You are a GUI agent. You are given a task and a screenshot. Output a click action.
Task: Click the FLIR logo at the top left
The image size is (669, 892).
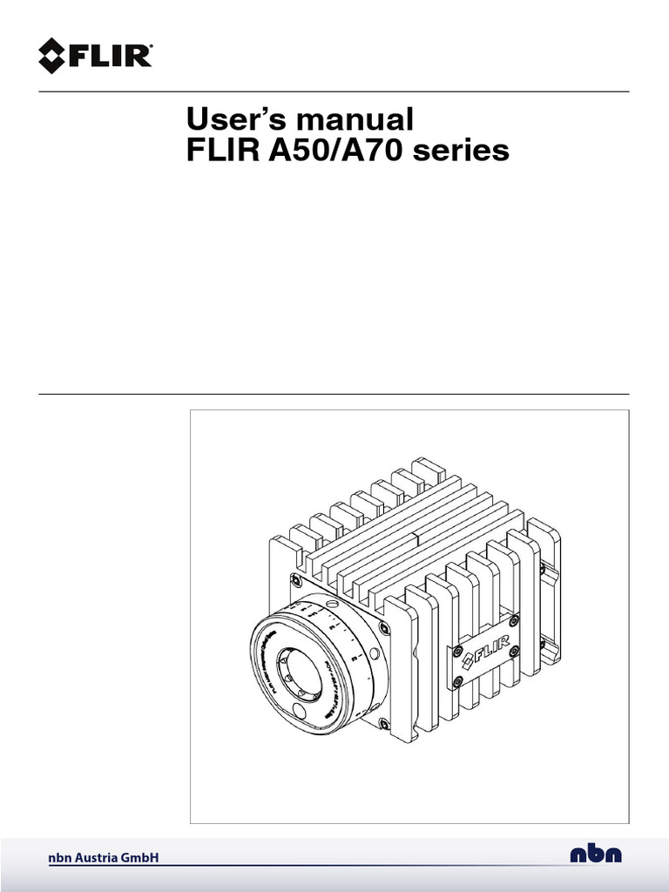coord(96,56)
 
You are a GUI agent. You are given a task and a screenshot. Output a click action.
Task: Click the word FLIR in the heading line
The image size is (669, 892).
coord(218,151)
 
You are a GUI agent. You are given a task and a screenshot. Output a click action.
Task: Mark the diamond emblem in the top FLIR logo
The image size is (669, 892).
coord(54,56)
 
